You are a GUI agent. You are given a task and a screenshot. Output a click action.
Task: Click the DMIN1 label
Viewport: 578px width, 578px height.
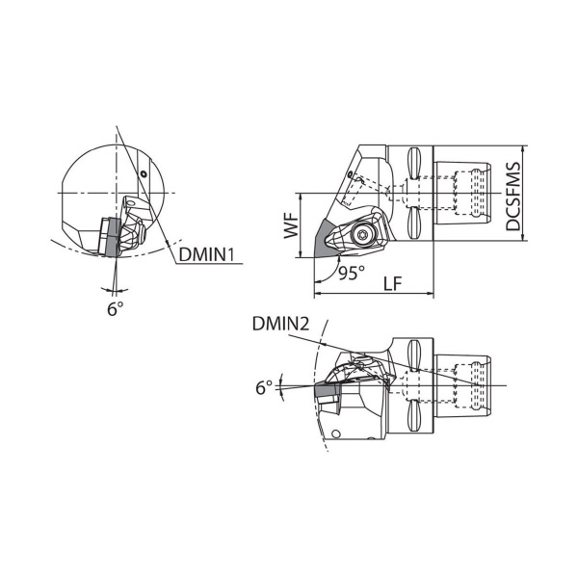click(206, 254)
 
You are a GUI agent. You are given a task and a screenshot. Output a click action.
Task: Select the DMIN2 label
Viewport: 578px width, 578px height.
click(280, 325)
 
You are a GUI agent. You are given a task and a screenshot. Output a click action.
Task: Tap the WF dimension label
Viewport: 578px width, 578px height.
click(291, 225)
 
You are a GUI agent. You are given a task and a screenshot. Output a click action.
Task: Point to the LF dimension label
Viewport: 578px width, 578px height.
click(392, 284)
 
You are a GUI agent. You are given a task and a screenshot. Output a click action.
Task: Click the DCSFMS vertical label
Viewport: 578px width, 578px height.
click(512, 197)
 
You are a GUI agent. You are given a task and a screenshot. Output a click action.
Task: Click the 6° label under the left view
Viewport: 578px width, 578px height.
click(115, 308)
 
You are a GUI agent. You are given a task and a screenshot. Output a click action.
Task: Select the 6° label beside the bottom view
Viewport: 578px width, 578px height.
click(264, 388)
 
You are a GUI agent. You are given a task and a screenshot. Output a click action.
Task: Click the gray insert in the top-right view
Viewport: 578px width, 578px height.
click(325, 239)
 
